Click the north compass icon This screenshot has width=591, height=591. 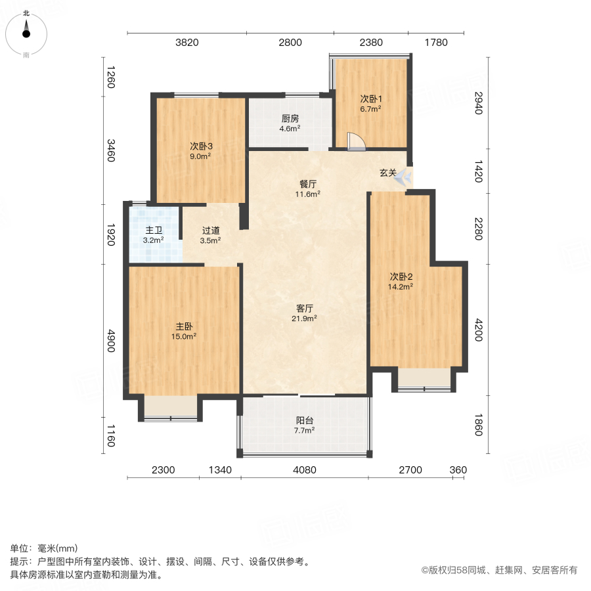pos(26,32)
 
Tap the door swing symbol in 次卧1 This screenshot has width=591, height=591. pos(355,142)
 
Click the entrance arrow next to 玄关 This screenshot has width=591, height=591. pos(405,176)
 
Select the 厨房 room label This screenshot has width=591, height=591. pos(290,119)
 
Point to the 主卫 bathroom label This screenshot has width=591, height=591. pos(154,230)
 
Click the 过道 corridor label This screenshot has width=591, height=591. pos(210,230)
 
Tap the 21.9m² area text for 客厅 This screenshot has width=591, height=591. pos(305,318)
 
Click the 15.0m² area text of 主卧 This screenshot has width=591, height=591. pos(184,336)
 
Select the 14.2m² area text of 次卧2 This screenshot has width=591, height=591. pos(400,286)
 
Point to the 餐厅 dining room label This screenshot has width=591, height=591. pos(307,184)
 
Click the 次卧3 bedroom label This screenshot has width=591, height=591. pos(201,146)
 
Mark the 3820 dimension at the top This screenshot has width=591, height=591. pos(186,43)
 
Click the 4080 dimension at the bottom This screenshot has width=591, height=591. pos(305,470)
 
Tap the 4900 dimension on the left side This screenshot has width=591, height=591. pos(111,341)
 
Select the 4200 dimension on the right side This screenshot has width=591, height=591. pos(478,330)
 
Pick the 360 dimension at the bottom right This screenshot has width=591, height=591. pos(458,470)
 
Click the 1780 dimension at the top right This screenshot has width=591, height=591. pos(435,43)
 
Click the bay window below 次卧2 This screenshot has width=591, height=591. pos(424,379)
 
